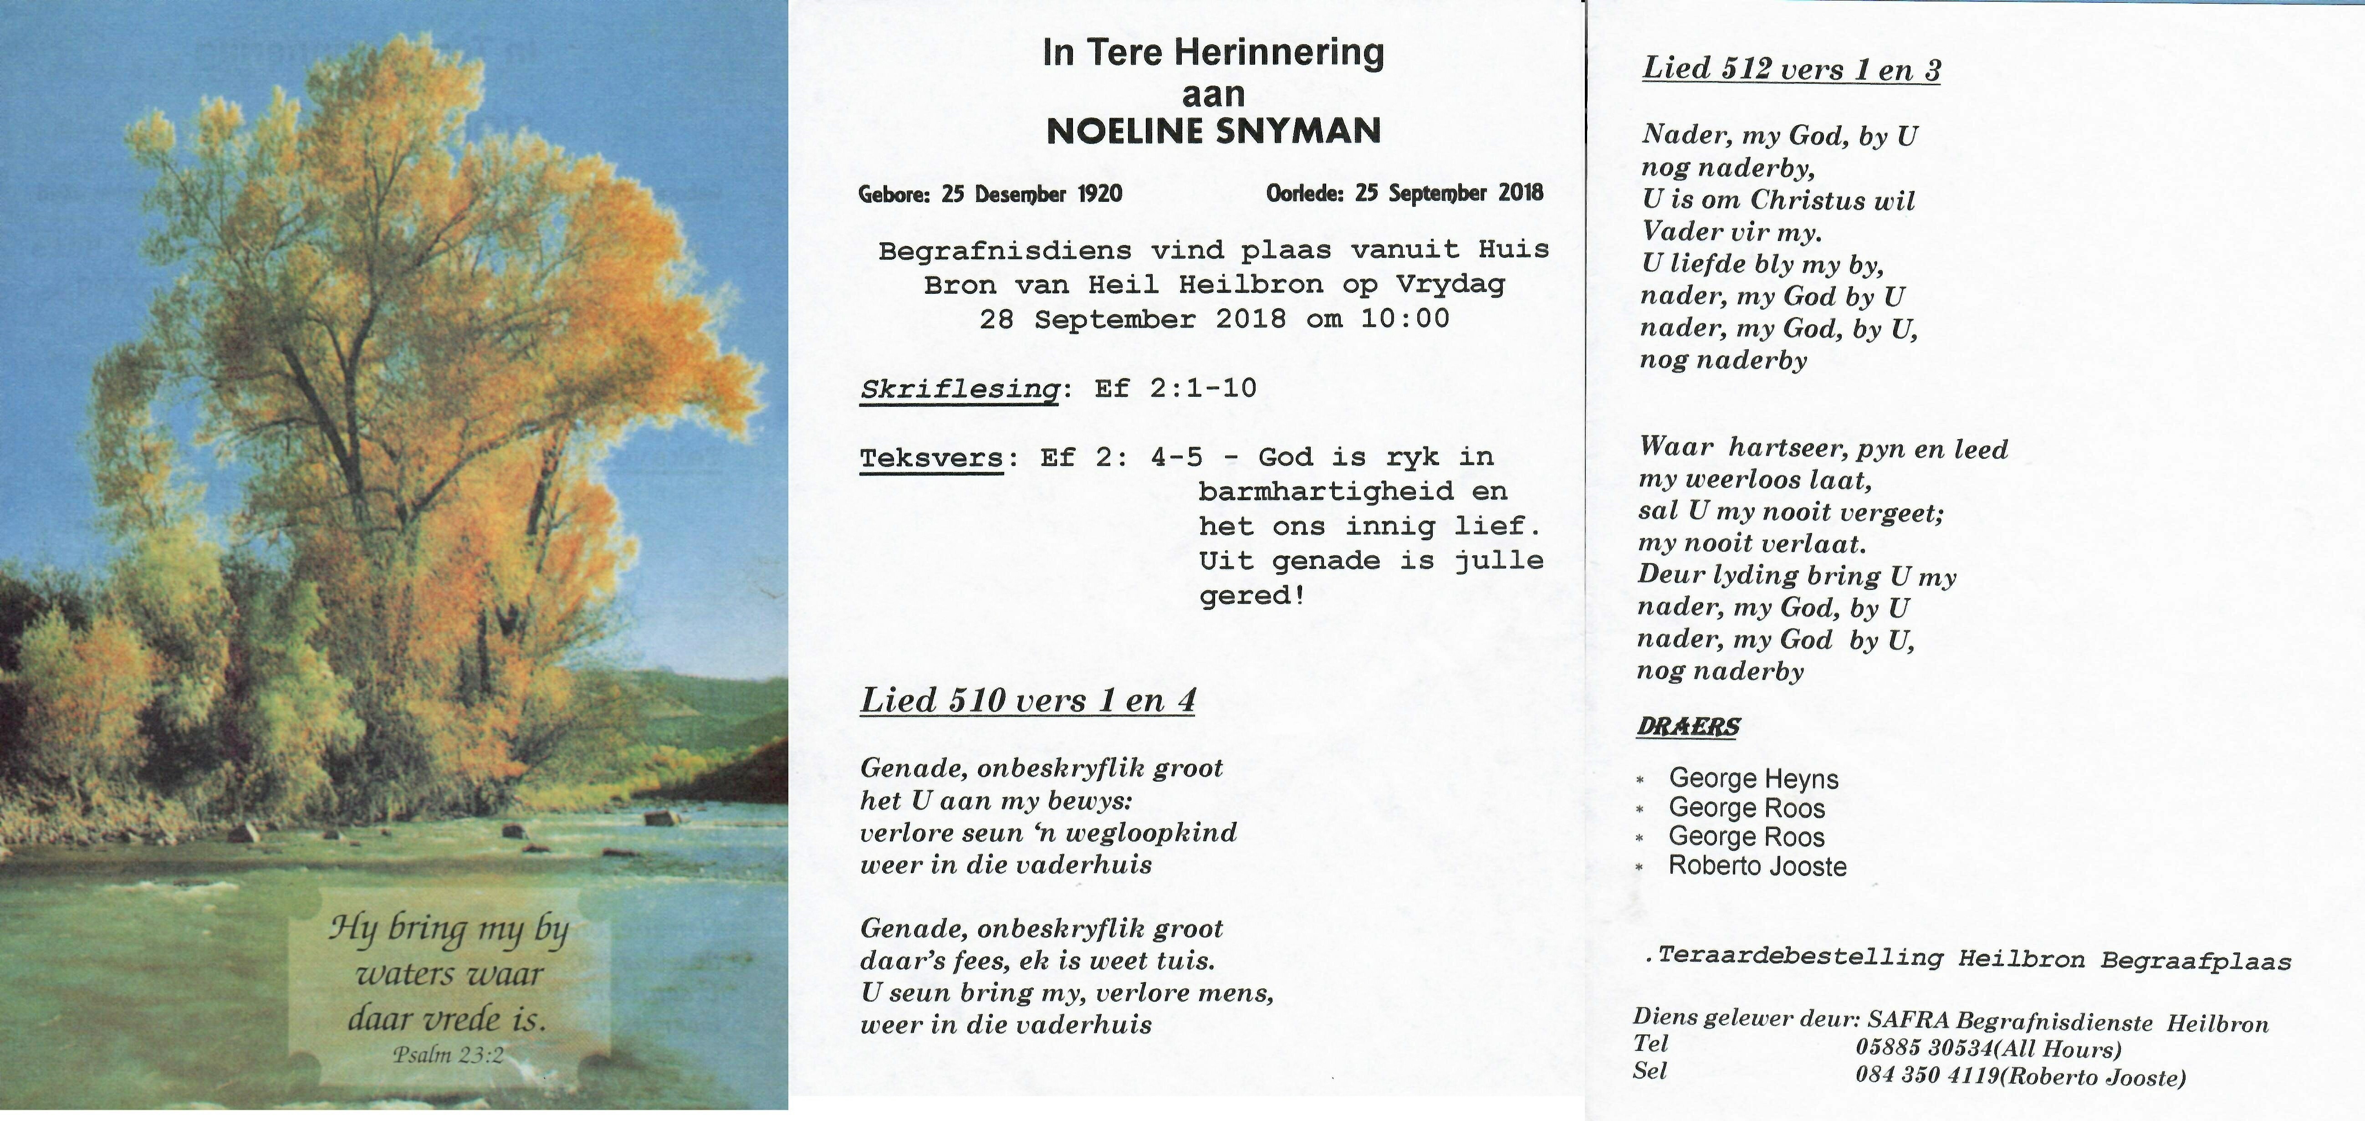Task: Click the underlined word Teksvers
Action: [x=931, y=457]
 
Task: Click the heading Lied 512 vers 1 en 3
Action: [x=1791, y=69]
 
